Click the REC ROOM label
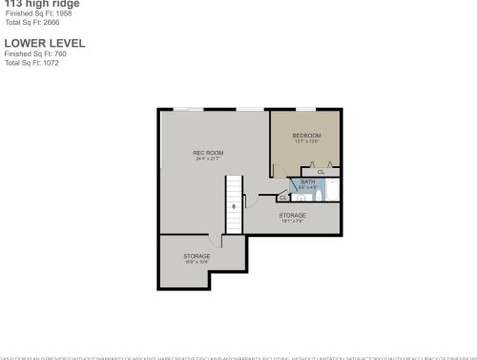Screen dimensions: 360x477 tap(208, 153)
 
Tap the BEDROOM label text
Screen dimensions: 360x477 tap(306, 136)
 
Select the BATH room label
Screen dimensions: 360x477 tap(307, 181)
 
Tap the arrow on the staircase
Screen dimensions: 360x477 tap(235, 206)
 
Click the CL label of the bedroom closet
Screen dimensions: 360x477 tap(321, 171)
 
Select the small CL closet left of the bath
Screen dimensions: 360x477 tap(283, 198)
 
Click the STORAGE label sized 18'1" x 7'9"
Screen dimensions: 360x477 tap(292, 216)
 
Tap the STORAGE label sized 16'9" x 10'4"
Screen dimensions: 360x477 tap(197, 256)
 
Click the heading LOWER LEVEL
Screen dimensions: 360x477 tap(44, 43)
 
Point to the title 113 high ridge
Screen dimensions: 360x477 tap(38, 4)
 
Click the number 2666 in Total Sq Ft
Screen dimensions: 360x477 tap(51, 23)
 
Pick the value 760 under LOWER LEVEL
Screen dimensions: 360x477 tap(61, 54)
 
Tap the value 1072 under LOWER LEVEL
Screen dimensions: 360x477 tap(52, 62)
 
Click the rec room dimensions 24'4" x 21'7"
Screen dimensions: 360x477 tap(208, 159)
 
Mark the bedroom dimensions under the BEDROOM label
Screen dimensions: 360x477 tap(306, 141)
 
